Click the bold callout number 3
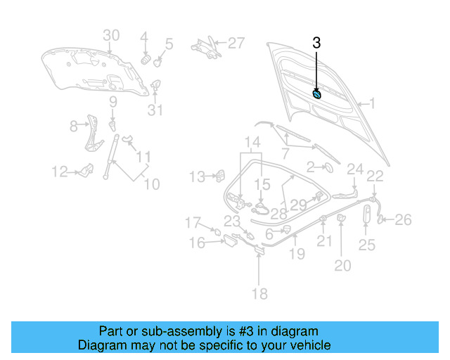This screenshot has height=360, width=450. [x=316, y=43]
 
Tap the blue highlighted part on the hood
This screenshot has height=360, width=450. [x=317, y=94]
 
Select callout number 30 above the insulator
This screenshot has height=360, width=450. [x=112, y=36]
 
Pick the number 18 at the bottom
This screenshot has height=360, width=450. [x=259, y=293]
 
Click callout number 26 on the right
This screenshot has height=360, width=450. [x=402, y=220]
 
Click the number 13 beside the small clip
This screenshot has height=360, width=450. [x=197, y=176]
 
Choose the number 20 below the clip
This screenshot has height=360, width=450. [x=342, y=265]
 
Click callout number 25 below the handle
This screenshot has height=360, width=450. [x=367, y=245]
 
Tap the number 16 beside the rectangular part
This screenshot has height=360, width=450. [x=197, y=243]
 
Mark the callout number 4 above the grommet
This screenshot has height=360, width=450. [x=143, y=37]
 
